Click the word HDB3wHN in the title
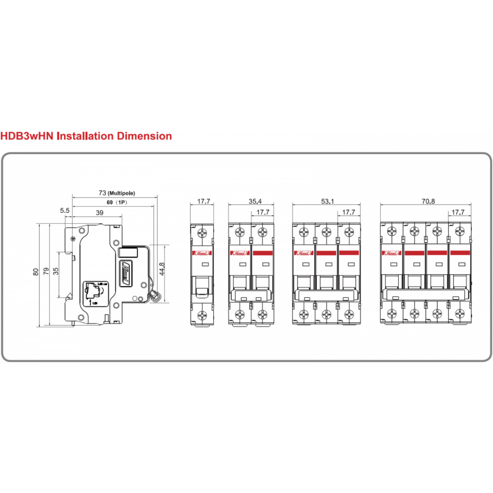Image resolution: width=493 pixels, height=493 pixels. click(x=27, y=136)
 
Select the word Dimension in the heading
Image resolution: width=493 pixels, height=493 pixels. click(x=144, y=136)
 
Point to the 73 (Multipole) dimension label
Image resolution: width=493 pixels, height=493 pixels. click(x=114, y=193)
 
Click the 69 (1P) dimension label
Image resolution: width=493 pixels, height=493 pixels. click(x=115, y=203)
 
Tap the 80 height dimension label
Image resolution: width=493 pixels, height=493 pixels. click(x=36, y=272)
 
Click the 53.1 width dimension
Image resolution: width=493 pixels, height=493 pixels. click(x=326, y=201)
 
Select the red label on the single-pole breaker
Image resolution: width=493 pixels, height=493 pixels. click(x=202, y=253)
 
